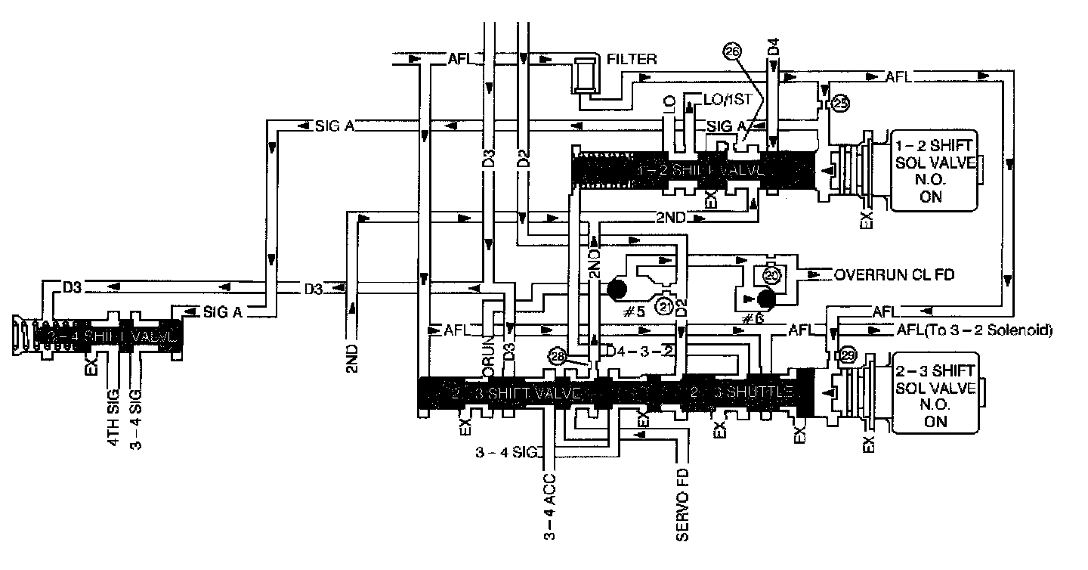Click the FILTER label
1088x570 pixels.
coord(631,59)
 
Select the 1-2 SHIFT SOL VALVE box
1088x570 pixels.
coord(935,170)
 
